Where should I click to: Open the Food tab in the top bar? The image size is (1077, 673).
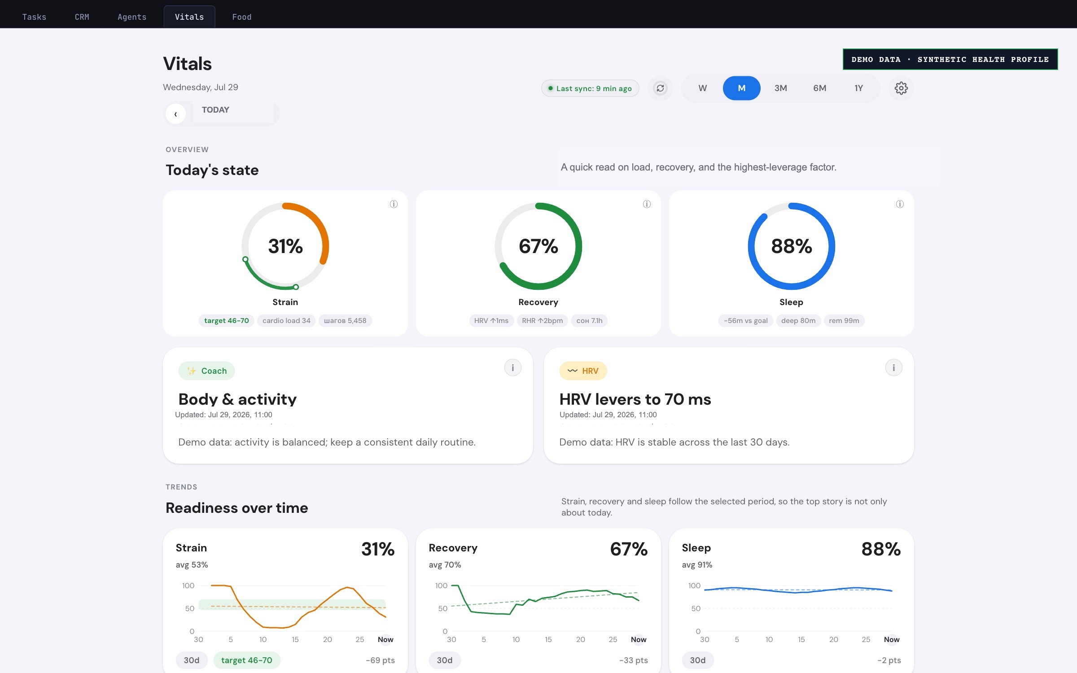pos(241,17)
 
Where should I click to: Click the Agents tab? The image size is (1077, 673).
pos(132,17)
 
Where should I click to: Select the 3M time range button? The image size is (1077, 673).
pos(780,88)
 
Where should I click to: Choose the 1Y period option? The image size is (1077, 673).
pos(858,88)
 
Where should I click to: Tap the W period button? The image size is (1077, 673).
pos(703,88)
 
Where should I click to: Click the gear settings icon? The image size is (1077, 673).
pos(901,88)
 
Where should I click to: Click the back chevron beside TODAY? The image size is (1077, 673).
pos(175,114)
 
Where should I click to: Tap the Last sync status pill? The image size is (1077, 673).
pos(590,88)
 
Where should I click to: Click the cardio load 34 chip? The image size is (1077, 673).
pos(286,320)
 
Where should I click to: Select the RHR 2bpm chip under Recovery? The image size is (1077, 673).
pos(542,320)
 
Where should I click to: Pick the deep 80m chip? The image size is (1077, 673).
pos(798,320)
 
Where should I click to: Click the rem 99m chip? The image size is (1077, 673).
pos(844,320)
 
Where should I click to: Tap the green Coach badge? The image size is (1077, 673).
pos(206,371)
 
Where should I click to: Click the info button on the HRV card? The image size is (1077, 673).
pos(893,368)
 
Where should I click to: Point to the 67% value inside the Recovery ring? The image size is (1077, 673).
pos(538,246)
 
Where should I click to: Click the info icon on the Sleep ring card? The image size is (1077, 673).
pos(900,204)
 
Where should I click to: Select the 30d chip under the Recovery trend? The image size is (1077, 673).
pos(445,660)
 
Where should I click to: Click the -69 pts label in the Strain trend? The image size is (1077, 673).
pos(381,660)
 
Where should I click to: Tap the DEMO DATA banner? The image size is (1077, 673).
pos(950,59)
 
